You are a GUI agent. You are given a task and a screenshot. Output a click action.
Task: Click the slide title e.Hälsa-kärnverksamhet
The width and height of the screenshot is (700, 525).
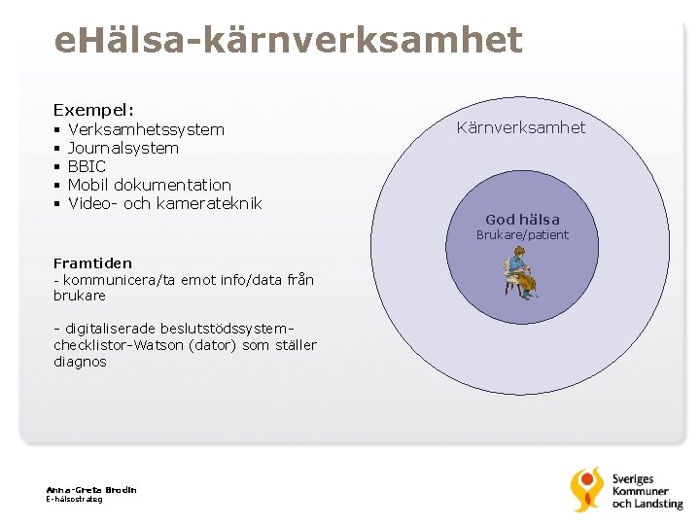point(289,41)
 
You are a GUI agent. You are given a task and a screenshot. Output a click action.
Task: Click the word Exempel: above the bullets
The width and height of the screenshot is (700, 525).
point(93,110)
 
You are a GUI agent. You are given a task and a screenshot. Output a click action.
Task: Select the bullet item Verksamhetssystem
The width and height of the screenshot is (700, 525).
point(146,129)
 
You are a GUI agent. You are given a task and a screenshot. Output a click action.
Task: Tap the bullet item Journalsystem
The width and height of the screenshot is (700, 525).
point(123,148)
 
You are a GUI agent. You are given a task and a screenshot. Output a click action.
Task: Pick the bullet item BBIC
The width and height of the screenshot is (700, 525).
point(87,166)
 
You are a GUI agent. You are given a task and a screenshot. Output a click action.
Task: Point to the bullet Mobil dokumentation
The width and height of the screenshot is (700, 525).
point(150,185)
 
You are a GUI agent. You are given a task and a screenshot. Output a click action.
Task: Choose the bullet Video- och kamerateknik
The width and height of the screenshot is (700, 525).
point(165,203)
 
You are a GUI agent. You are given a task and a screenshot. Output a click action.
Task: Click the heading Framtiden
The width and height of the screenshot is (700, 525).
point(92,263)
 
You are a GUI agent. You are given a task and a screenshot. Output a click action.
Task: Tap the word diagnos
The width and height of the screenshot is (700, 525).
point(80,362)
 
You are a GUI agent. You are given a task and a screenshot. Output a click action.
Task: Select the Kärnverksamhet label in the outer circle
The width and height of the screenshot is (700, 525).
point(521,128)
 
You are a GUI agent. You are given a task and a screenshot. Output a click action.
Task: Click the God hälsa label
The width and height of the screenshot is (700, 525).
point(522,220)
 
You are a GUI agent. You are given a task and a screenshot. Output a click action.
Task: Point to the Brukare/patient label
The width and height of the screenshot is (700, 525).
point(522,235)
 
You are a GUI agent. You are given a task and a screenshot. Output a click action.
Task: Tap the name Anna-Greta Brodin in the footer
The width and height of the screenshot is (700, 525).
point(90,489)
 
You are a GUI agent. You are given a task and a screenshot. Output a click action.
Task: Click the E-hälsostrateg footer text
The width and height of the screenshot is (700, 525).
point(74,499)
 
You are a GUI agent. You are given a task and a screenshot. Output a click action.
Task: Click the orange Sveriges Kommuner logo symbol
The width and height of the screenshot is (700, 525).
point(586,489)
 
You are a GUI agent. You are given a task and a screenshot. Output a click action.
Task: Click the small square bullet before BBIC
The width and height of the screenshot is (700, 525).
point(57,167)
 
